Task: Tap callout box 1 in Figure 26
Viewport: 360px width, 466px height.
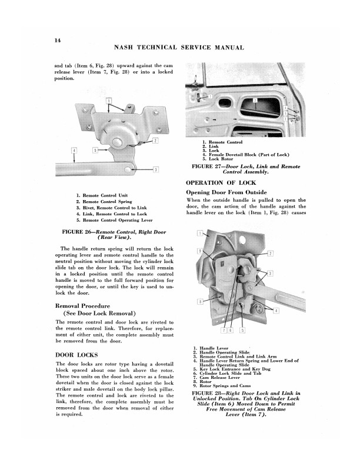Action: click(x=109, y=101)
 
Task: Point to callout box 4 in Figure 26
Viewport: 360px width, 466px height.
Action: click(x=74, y=151)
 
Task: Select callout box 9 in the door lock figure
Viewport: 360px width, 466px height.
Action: click(x=201, y=251)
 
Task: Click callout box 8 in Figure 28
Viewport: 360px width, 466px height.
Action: click(x=201, y=301)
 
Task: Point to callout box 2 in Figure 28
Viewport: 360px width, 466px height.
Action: click(x=270, y=254)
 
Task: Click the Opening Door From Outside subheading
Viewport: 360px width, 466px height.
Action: click(x=227, y=192)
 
